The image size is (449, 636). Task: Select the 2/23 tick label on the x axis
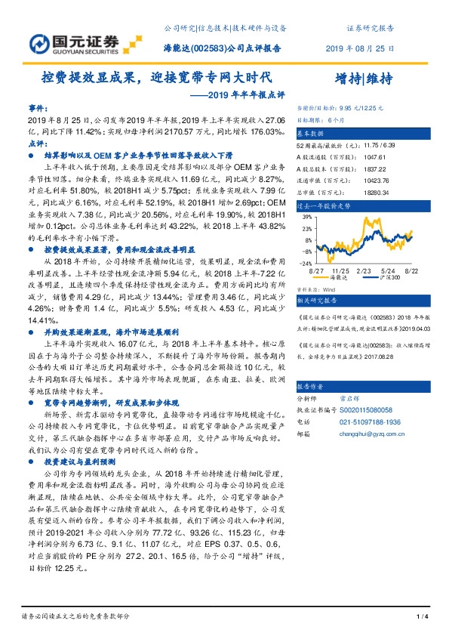(364, 270)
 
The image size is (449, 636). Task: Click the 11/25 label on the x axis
(340, 270)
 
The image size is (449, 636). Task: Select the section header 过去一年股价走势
(324, 205)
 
